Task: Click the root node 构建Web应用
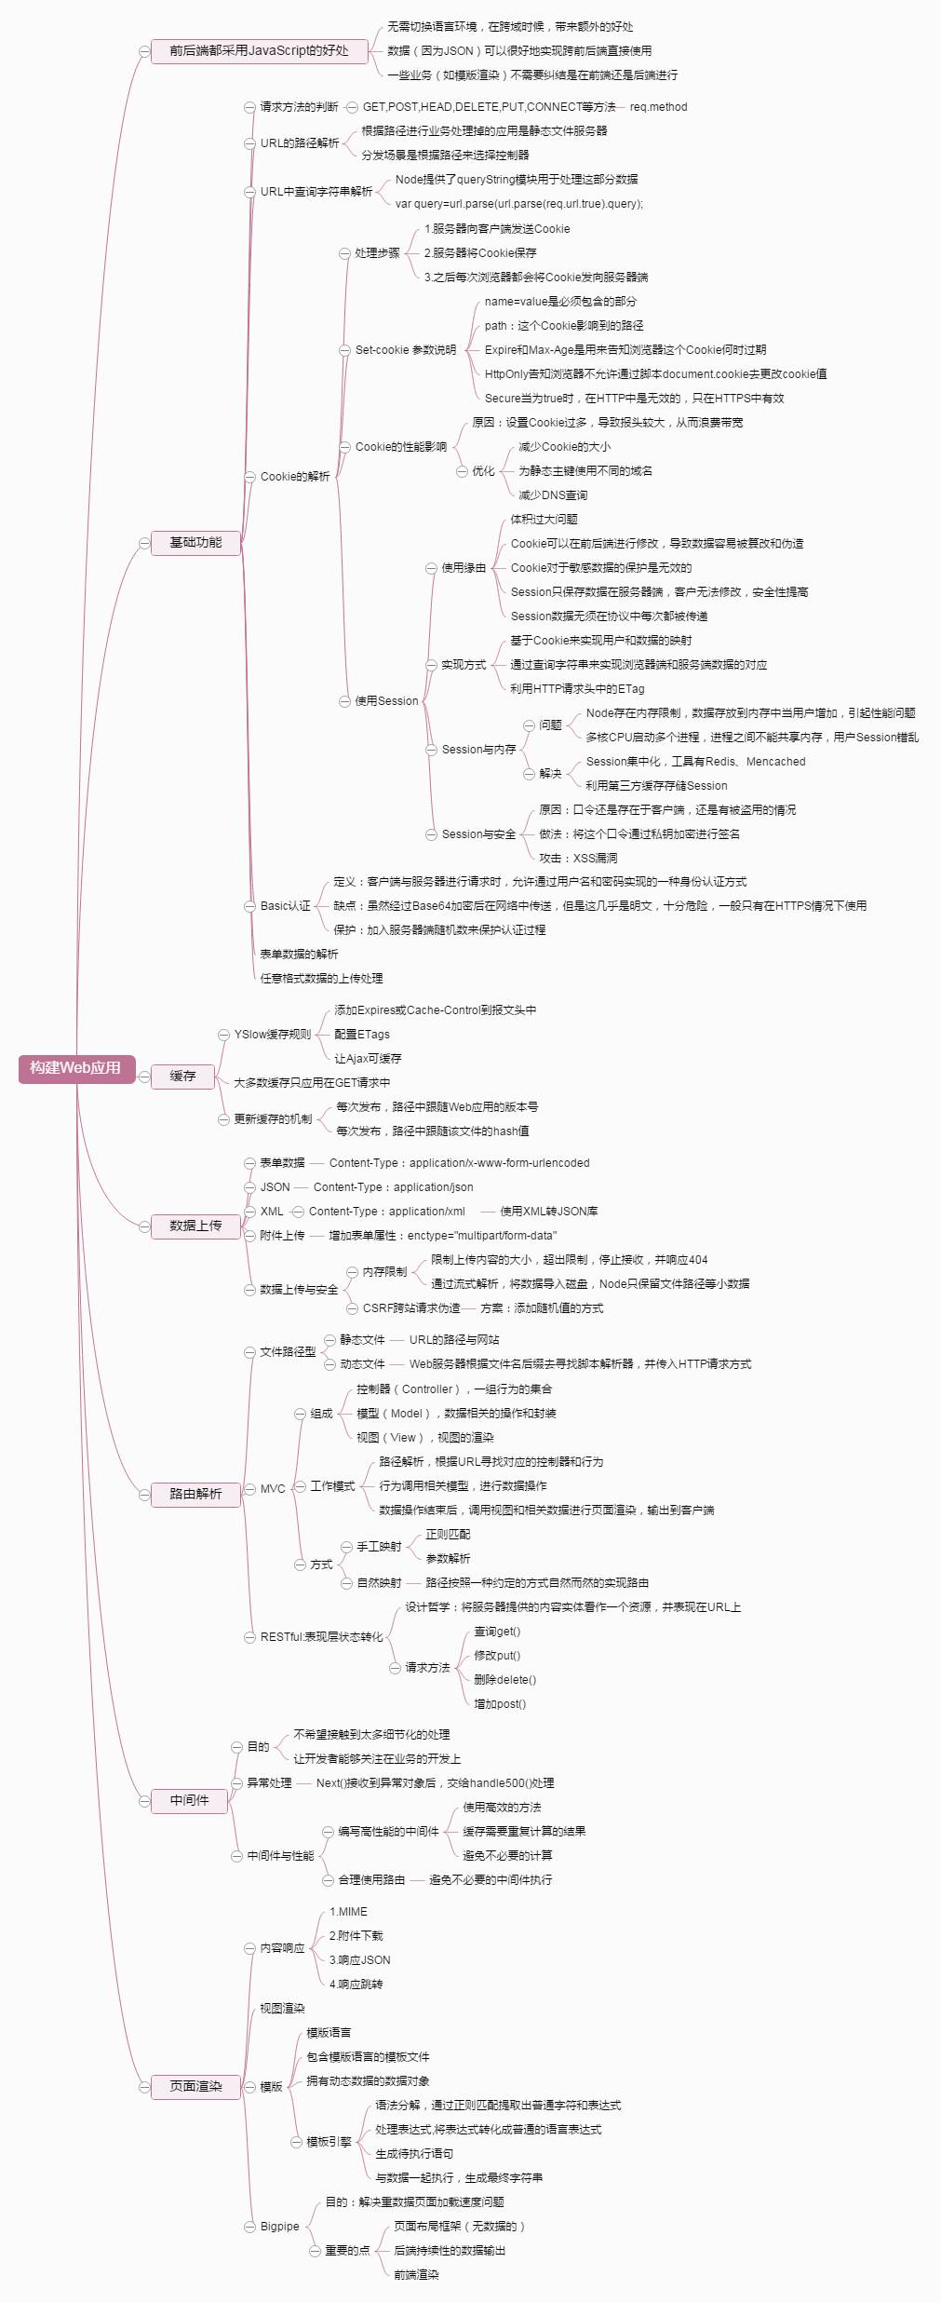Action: [x=75, y=1068]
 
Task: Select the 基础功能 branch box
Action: [x=195, y=543]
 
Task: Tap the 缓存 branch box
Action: [x=182, y=1077]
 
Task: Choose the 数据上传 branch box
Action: [x=195, y=1226]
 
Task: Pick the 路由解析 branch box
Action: [x=195, y=1494]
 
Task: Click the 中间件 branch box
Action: [x=189, y=1801]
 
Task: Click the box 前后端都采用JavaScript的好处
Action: [x=259, y=51]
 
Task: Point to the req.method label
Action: [x=658, y=107]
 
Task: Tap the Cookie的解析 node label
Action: [x=295, y=477]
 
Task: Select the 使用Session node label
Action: [x=386, y=701]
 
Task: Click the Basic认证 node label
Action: [x=286, y=906]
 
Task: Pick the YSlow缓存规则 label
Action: [x=273, y=1035]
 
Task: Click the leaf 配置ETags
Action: [x=362, y=1035]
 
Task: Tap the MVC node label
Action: [x=273, y=1489]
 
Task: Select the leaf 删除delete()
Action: [x=505, y=1680]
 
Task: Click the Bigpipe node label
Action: [x=280, y=2227]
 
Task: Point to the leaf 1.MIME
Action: [x=348, y=1912]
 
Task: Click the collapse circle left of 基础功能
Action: [x=144, y=543]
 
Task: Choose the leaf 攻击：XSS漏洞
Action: [x=578, y=859]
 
